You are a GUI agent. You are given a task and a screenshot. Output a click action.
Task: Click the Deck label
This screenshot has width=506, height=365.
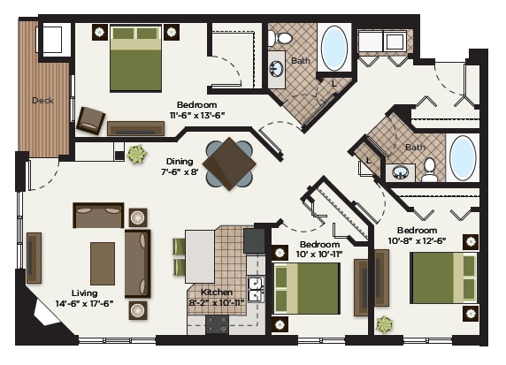tap(42, 101)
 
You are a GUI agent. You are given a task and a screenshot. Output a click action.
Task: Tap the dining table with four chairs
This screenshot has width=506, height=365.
tap(230, 163)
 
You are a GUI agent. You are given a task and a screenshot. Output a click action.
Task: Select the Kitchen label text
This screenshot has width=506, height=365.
tap(217, 293)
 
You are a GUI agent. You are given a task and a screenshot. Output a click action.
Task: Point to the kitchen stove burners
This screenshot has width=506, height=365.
tap(218, 324)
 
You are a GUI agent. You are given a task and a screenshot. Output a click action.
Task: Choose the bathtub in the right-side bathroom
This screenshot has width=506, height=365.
tap(463, 157)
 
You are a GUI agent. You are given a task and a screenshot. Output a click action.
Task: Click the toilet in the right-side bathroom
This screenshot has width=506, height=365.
tap(430, 168)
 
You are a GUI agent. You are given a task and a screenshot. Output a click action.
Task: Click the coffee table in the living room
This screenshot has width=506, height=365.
tap(103, 263)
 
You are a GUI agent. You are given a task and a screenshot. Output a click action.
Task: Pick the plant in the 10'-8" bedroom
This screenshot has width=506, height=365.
tap(384, 324)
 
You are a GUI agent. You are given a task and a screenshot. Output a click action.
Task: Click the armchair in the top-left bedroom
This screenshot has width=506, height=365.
tap(90, 119)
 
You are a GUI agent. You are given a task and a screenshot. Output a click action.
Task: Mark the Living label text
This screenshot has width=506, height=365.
tap(85, 293)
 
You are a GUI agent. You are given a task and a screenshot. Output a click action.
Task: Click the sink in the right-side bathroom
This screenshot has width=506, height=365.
tap(401, 171)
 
